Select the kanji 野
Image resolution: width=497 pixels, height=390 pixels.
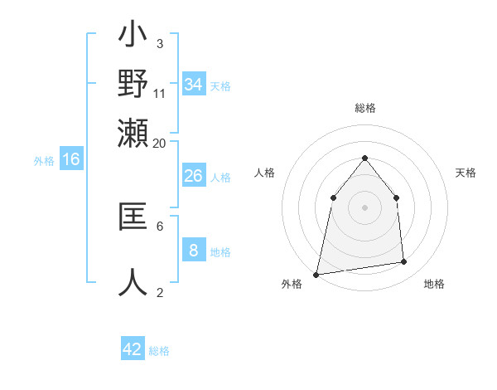[x=133, y=84]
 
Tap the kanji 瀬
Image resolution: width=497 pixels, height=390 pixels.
[x=133, y=132]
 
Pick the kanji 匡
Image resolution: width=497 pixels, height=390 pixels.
[x=133, y=217]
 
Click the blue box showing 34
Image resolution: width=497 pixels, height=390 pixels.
[x=194, y=85]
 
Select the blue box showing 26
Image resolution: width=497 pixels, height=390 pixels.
[x=193, y=176]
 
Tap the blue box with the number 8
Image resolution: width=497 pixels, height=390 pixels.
[x=193, y=250]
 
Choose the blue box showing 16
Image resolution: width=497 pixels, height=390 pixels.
[x=71, y=159]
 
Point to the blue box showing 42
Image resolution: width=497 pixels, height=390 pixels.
[x=133, y=349]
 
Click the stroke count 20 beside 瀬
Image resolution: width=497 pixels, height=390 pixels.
[x=160, y=143]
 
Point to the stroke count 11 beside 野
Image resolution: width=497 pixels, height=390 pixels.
[x=160, y=93]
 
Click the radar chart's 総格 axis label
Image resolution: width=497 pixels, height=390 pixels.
[x=364, y=109]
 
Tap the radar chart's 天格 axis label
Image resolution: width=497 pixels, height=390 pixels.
[x=466, y=173]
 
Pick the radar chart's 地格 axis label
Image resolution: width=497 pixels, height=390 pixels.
[x=434, y=285]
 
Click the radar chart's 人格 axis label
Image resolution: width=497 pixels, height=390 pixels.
[x=264, y=173]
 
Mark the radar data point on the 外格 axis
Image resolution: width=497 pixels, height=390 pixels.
[x=316, y=274]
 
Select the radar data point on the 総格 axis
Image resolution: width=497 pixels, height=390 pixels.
[x=364, y=158]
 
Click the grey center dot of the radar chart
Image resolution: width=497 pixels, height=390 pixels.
[x=364, y=207]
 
